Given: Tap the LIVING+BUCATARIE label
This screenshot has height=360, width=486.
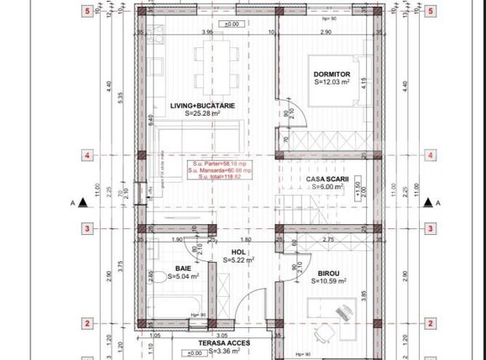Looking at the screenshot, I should (x=202, y=105).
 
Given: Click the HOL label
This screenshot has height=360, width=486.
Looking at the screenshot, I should (x=238, y=252).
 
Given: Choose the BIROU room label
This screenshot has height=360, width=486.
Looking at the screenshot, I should (x=328, y=273).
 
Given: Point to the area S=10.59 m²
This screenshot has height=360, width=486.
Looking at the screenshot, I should (x=328, y=281).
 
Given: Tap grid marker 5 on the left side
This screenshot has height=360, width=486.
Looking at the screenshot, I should (x=86, y=11).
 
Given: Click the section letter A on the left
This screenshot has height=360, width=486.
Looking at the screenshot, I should (x=73, y=202).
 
